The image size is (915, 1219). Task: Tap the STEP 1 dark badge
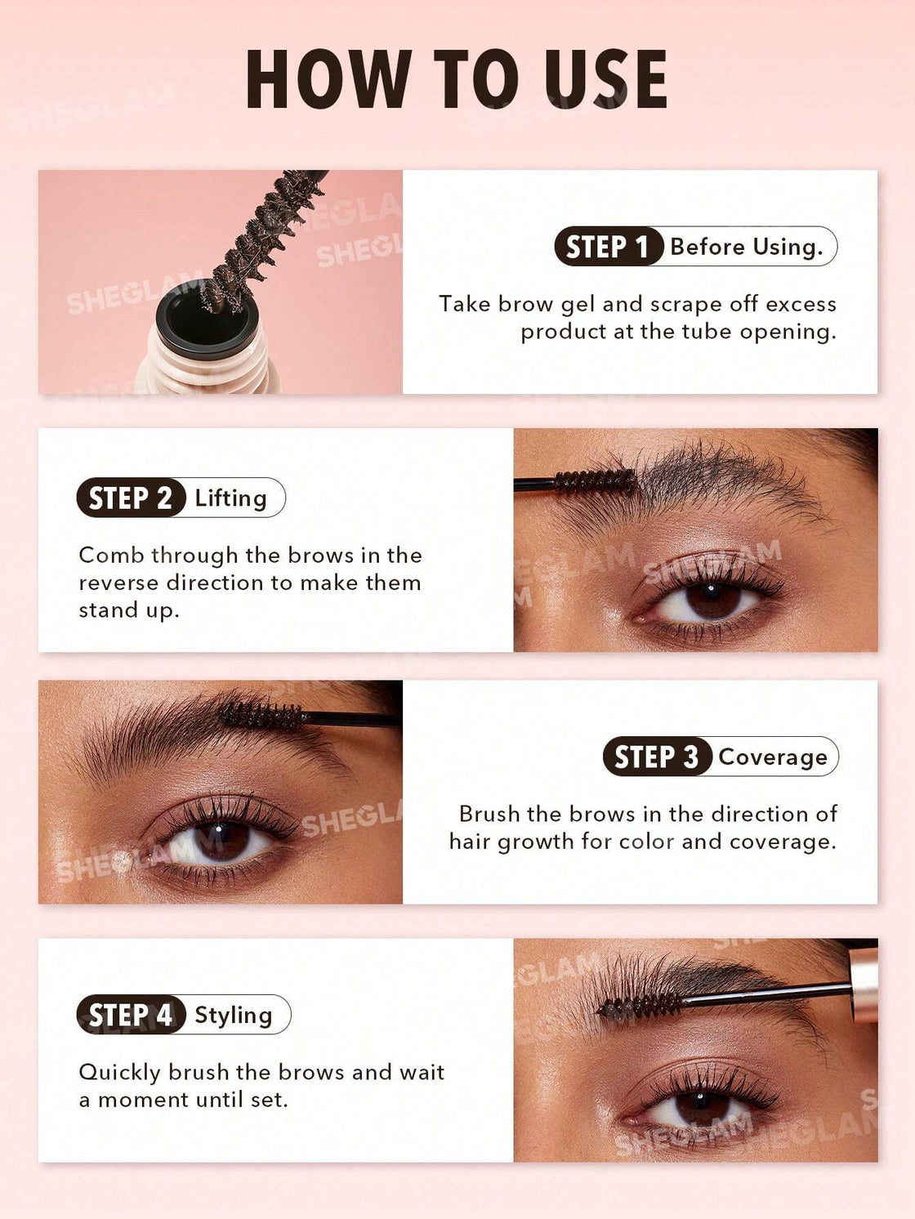607,247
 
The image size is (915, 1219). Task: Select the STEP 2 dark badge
131,498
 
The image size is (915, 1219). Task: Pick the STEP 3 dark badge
656,757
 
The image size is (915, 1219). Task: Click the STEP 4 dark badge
131,1015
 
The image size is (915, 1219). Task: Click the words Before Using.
746,247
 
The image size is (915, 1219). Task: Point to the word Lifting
231,498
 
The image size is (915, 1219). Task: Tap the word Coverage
773,757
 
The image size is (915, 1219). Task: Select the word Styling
234,1016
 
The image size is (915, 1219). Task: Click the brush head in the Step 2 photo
595,481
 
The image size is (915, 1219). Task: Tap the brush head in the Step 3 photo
261,716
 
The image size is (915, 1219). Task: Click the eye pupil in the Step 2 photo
710,599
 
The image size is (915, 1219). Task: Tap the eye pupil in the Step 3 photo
221,839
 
